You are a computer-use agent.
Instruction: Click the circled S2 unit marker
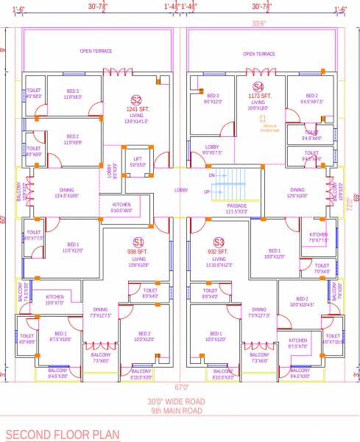pos(136,100)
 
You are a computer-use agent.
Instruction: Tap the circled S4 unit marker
pos(258,86)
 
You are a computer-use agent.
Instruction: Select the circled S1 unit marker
pos(138,242)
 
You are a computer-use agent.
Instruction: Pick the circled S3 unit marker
pos(219,242)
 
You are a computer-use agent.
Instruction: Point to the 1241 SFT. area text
pos(137,110)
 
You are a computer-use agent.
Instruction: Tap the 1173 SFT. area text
pos(260,96)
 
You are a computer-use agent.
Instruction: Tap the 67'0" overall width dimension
pos(181,387)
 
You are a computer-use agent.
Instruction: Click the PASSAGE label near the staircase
pos(237,206)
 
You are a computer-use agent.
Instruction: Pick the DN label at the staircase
pos(212,176)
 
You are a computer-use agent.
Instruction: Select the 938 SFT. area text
pos(138,252)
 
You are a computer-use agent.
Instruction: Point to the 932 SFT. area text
pos(219,252)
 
